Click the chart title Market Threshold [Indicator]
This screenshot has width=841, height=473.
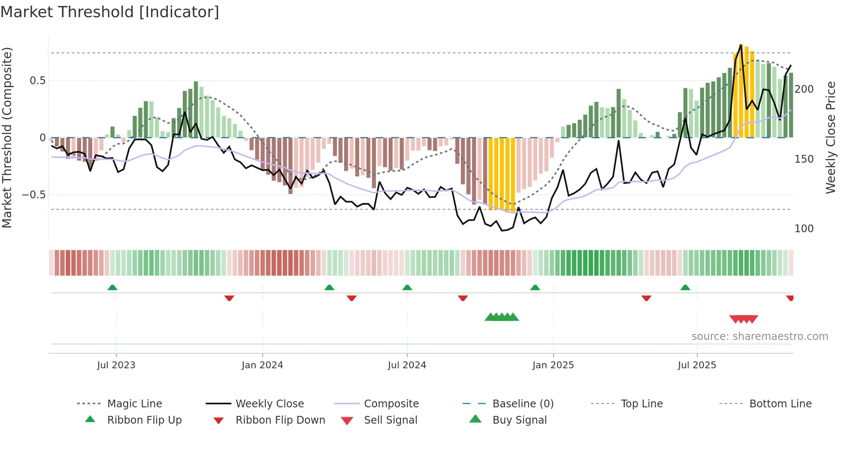(x=110, y=12)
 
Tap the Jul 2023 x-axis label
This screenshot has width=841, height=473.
(x=116, y=365)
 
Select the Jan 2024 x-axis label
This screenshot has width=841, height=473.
(x=262, y=365)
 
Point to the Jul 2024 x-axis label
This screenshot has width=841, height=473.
(x=407, y=365)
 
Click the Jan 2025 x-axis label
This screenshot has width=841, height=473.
(x=553, y=365)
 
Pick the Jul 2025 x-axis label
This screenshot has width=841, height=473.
(x=697, y=365)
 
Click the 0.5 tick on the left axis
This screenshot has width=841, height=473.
(x=37, y=81)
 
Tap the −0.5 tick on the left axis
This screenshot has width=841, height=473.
(x=34, y=195)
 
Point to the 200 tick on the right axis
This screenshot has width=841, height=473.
(x=804, y=89)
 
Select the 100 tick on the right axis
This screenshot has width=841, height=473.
(x=804, y=229)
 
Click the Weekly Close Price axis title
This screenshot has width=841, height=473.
(x=831, y=137)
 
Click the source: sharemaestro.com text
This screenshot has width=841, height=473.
(x=759, y=337)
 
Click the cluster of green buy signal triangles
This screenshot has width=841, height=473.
(x=502, y=317)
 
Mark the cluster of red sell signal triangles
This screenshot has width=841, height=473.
(x=744, y=319)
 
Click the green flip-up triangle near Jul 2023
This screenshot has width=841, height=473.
(x=112, y=287)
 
